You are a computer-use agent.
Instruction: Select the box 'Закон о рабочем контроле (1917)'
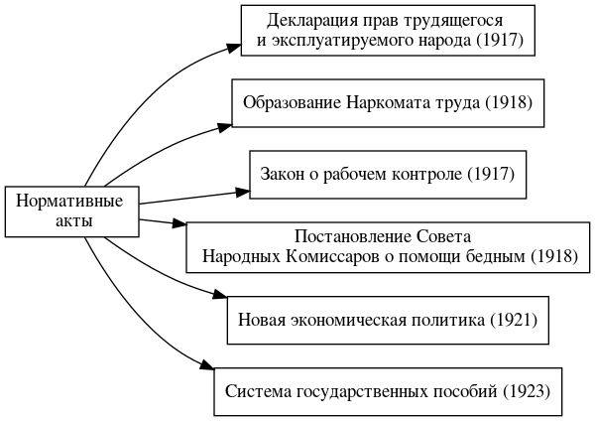coord(387,175)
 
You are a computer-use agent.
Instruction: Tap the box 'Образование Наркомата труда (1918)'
coord(389,102)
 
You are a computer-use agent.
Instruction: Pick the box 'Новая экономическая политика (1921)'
coord(388,320)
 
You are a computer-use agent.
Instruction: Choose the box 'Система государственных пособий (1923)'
coord(388,390)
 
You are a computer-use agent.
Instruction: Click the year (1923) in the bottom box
coord(526,390)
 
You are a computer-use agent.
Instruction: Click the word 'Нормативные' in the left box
coord(71,201)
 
